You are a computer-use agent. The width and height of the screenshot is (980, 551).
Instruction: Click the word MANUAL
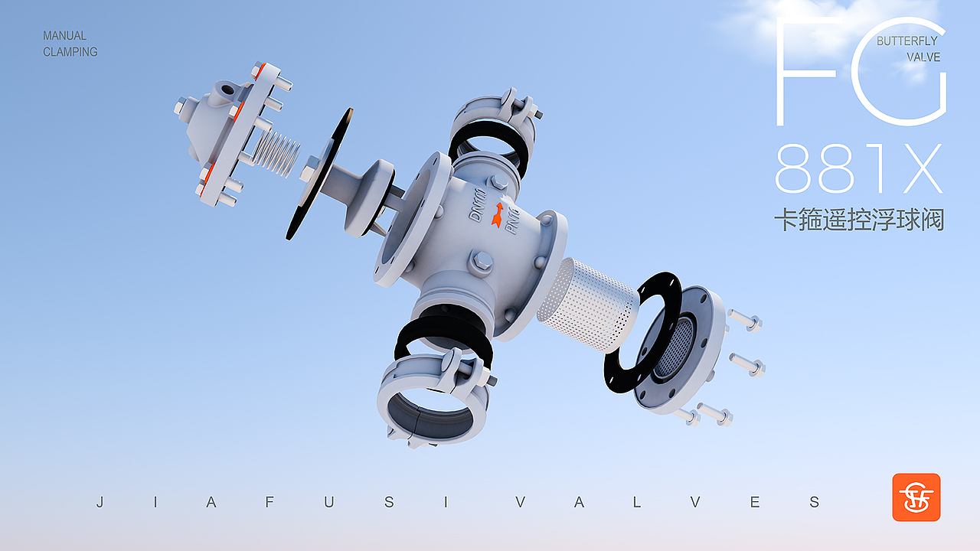pyautogui.click(x=65, y=35)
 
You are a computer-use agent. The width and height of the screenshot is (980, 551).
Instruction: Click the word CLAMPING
pyautogui.click(x=70, y=51)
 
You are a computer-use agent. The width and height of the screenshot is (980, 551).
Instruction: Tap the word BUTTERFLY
pyautogui.click(x=907, y=41)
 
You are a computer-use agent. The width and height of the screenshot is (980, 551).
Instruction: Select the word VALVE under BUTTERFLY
pyautogui.click(x=923, y=57)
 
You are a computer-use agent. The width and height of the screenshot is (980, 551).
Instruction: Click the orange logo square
pyautogui.click(x=916, y=497)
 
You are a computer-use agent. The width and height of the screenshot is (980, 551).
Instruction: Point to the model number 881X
pyautogui.click(x=858, y=169)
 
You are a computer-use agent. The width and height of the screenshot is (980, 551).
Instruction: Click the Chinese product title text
pyautogui.click(x=859, y=220)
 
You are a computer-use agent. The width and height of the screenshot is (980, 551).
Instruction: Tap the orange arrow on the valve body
pyautogui.click(x=498, y=215)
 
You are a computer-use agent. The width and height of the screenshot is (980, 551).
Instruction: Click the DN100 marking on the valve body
pyautogui.click(x=477, y=204)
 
